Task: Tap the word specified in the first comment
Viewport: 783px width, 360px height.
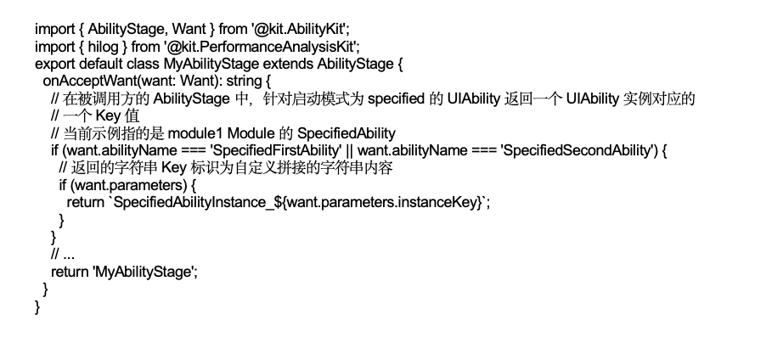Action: coord(396,98)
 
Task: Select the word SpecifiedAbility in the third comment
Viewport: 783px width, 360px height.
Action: coord(346,134)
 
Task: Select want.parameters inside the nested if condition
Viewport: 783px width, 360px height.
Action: coord(130,186)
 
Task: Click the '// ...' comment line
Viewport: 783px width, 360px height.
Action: coord(63,255)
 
